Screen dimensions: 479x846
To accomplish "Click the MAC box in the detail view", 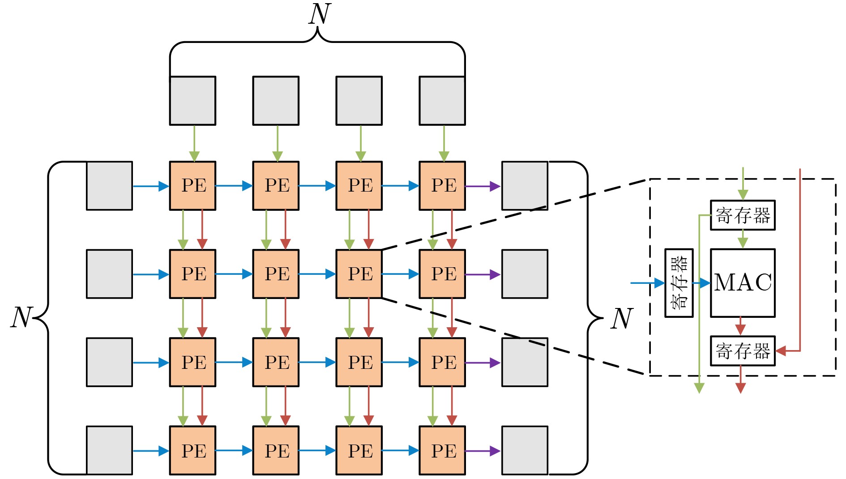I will (x=743, y=283).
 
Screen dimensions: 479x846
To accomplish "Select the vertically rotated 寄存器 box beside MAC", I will (x=679, y=283).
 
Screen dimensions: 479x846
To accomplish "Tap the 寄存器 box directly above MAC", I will (x=743, y=215).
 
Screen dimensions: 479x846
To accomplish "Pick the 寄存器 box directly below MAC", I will (x=743, y=351).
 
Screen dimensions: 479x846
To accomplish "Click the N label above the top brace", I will (x=320, y=14).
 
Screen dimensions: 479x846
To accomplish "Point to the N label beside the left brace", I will (x=21, y=318).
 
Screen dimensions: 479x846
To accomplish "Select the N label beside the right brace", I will (x=622, y=319).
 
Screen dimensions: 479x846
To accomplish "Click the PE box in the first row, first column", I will (x=192, y=186).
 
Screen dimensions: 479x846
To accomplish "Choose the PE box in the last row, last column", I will (x=442, y=450).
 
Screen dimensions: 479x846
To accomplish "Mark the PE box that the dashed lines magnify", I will (x=359, y=274).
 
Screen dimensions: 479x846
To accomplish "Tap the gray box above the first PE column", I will (x=192, y=101).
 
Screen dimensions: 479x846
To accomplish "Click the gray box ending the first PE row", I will (x=525, y=186).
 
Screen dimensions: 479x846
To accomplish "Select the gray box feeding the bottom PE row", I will (x=109, y=450).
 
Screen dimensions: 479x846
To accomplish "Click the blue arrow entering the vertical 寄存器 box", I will (x=647, y=283).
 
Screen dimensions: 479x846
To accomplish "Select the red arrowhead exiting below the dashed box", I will (x=741, y=388).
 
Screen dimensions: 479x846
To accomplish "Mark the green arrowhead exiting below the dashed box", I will (x=699, y=388).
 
